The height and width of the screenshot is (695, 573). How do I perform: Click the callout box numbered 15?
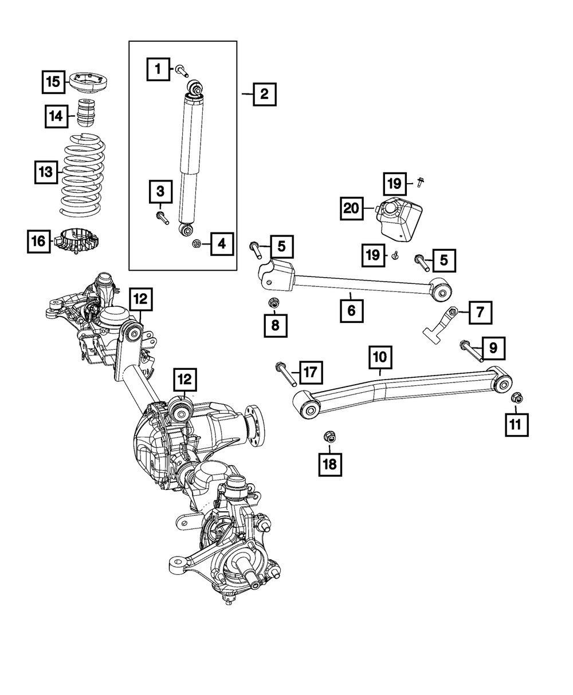click(x=53, y=82)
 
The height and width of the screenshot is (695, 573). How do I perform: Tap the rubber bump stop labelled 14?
click(x=85, y=113)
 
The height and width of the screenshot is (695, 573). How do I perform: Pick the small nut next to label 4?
click(x=197, y=244)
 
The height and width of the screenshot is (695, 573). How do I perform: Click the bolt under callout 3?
click(x=162, y=218)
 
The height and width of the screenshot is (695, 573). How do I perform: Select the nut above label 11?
click(x=515, y=396)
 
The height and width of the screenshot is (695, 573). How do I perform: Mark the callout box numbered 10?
click(x=380, y=358)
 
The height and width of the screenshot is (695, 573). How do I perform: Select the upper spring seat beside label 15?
click(x=90, y=82)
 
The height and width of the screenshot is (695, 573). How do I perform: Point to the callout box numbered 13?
click(x=45, y=171)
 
